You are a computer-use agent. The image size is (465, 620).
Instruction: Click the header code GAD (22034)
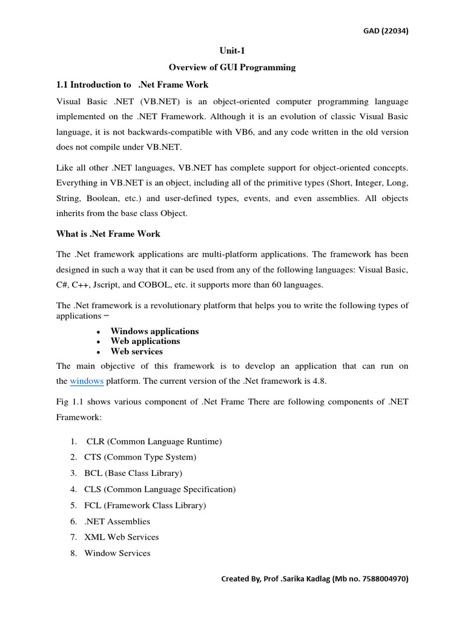(381, 32)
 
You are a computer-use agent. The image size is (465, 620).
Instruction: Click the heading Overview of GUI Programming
(232, 68)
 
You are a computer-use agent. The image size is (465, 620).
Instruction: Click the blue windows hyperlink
(87, 381)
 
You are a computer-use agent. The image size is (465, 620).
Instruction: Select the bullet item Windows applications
(154, 331)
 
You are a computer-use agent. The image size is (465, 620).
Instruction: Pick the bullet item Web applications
(145, 341)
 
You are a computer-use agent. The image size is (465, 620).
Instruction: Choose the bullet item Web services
(136, 351)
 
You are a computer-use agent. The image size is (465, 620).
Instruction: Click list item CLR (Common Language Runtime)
(154, 441)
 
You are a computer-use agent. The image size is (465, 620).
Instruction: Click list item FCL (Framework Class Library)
(145, 505)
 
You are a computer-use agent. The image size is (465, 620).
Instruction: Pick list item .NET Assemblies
(117, 521)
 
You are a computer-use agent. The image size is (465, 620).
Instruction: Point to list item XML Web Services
(122, 537)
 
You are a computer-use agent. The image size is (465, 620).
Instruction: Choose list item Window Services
(117, 553)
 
